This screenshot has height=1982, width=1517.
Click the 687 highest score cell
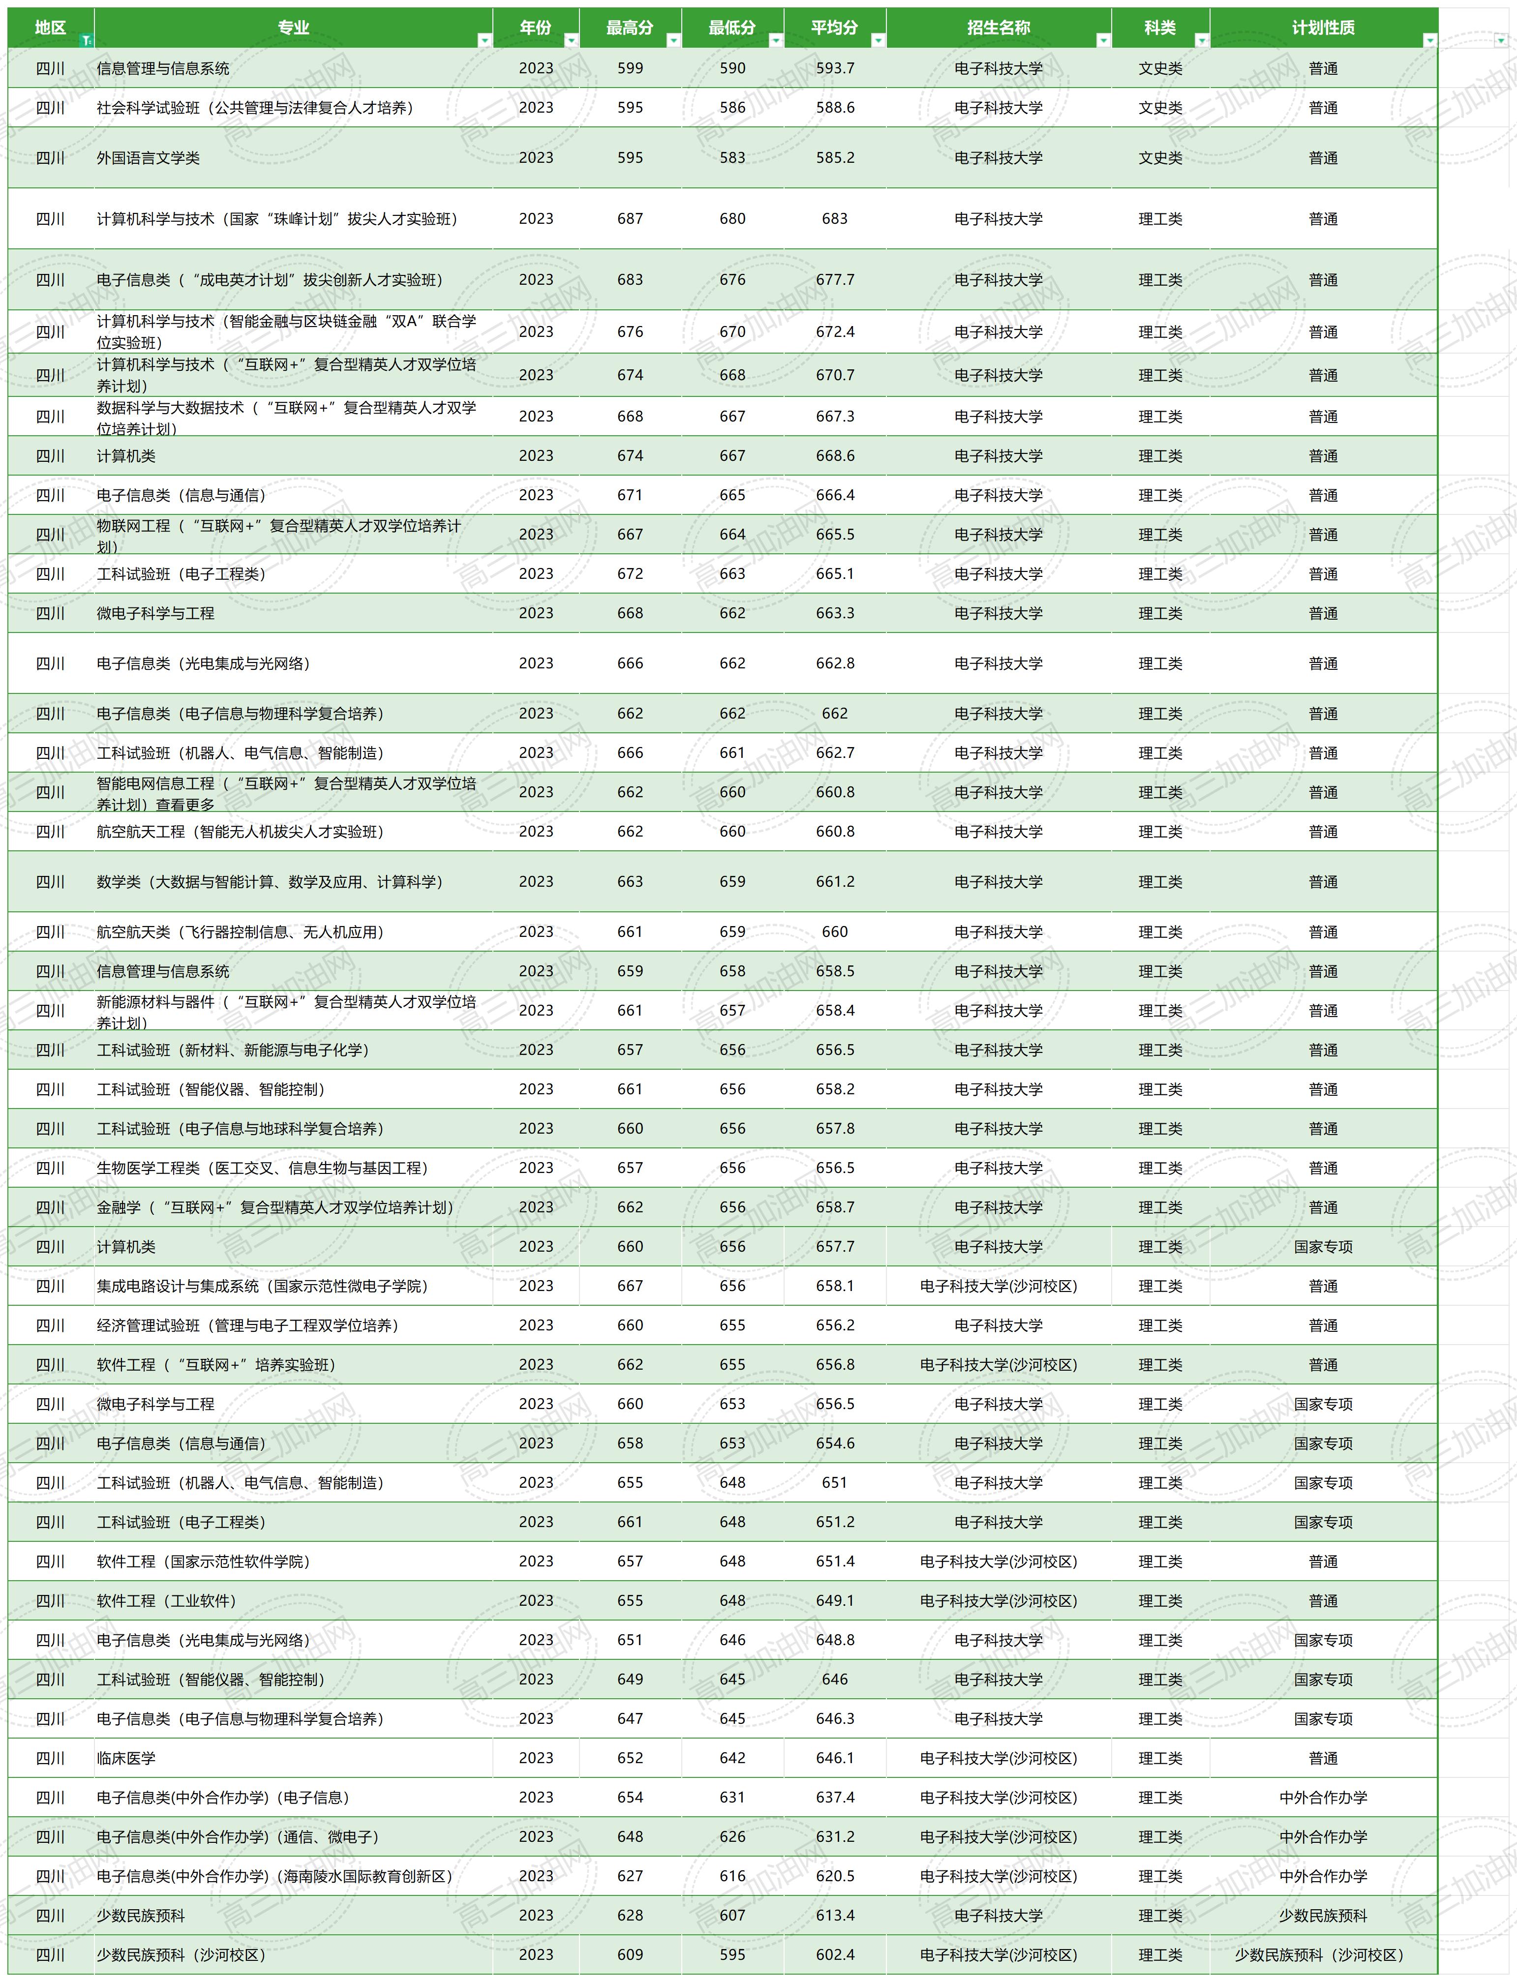[x=630, y=218]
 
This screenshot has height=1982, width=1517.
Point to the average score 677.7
[x=834, y=280]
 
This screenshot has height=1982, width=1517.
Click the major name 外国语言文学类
[x=148, y=158]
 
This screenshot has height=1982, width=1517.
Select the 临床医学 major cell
[x=126, y=1758]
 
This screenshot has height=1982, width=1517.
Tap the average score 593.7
[x=834, y=69]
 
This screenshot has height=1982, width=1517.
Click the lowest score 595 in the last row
[x=732, y=1955]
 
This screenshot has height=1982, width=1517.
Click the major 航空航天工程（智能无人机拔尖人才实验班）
[x=240, y=832]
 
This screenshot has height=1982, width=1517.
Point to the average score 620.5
[x=834, y=1876]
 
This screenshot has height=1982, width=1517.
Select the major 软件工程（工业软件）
[x=166, y=1601]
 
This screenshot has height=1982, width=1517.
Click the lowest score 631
[x=732, y=1798]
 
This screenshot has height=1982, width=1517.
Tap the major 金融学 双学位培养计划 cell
[x=274, y=1207]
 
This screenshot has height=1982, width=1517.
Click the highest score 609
[x=630, y=1955]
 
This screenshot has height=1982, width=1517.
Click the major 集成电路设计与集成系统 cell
[x=262, y=1286]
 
